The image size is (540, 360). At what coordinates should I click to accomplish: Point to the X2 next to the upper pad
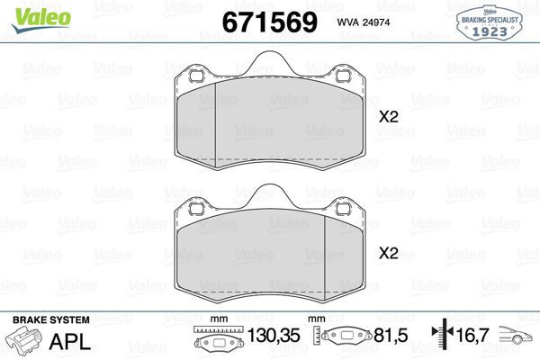point(388,116)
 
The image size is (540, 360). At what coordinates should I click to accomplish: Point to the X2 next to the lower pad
point(388,253)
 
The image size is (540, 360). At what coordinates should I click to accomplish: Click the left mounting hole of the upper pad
point(192,77)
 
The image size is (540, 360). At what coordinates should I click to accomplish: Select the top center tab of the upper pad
point(265,63)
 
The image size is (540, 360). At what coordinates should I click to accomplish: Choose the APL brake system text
point(68,341)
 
